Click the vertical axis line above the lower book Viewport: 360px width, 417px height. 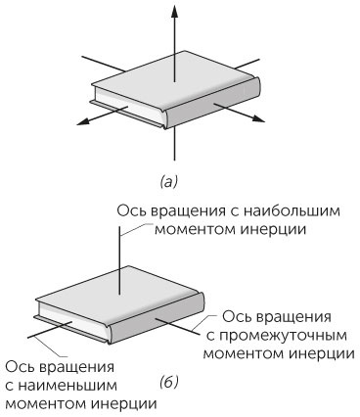(x=119, y=255)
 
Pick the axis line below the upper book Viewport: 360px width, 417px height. (x=173, y=145)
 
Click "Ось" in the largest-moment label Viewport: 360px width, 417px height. (x=131, y=212)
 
